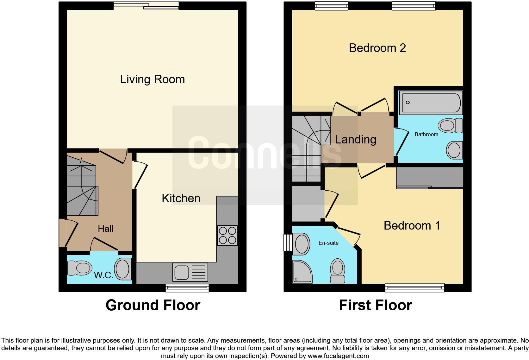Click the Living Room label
click(x=152, y=79)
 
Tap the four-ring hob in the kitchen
click(x=227, y=236)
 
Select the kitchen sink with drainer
click(x=190, y=272)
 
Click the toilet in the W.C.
click(x=80, y=268)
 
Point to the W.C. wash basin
click(x=123, y=269)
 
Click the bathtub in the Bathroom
click(x=431, y=103)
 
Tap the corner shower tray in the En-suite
click(x=302, y=272)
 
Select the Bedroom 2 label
click(x=377, y=48)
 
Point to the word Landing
click(x=355, y=140)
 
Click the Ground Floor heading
click(x=153, y=305)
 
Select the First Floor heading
click(x=376, y=305)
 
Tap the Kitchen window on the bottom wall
click(x=187, y=288)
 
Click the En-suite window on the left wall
click(x=288, y=243)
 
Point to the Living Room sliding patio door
click(x=146, y=6)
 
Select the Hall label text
click(x=106, y=229)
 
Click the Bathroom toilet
click(x=450, y=125)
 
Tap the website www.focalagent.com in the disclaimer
click(x=338, y=356)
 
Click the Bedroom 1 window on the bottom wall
click(x=415, y=288)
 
